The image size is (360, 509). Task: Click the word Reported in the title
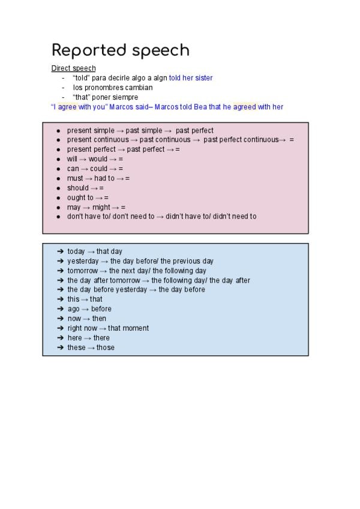[x=89, y=50]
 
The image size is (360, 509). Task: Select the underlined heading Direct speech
[x=73, y=68]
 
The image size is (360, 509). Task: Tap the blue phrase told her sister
[x=191, y=78]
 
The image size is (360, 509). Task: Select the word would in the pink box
[x=98, y=159]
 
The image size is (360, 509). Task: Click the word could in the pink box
[x=99, y=169]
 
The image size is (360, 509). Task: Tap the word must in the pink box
[x=75, y=178]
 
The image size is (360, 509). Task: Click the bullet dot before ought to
[x=58, y=197]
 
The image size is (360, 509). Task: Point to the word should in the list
[x=77, y=188]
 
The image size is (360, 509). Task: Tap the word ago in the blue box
[x=73, y=309]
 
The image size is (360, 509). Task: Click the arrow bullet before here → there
[x=60, y=338]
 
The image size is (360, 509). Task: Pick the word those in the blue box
[x=106, y=348]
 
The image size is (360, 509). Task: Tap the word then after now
[x=99, y=319]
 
